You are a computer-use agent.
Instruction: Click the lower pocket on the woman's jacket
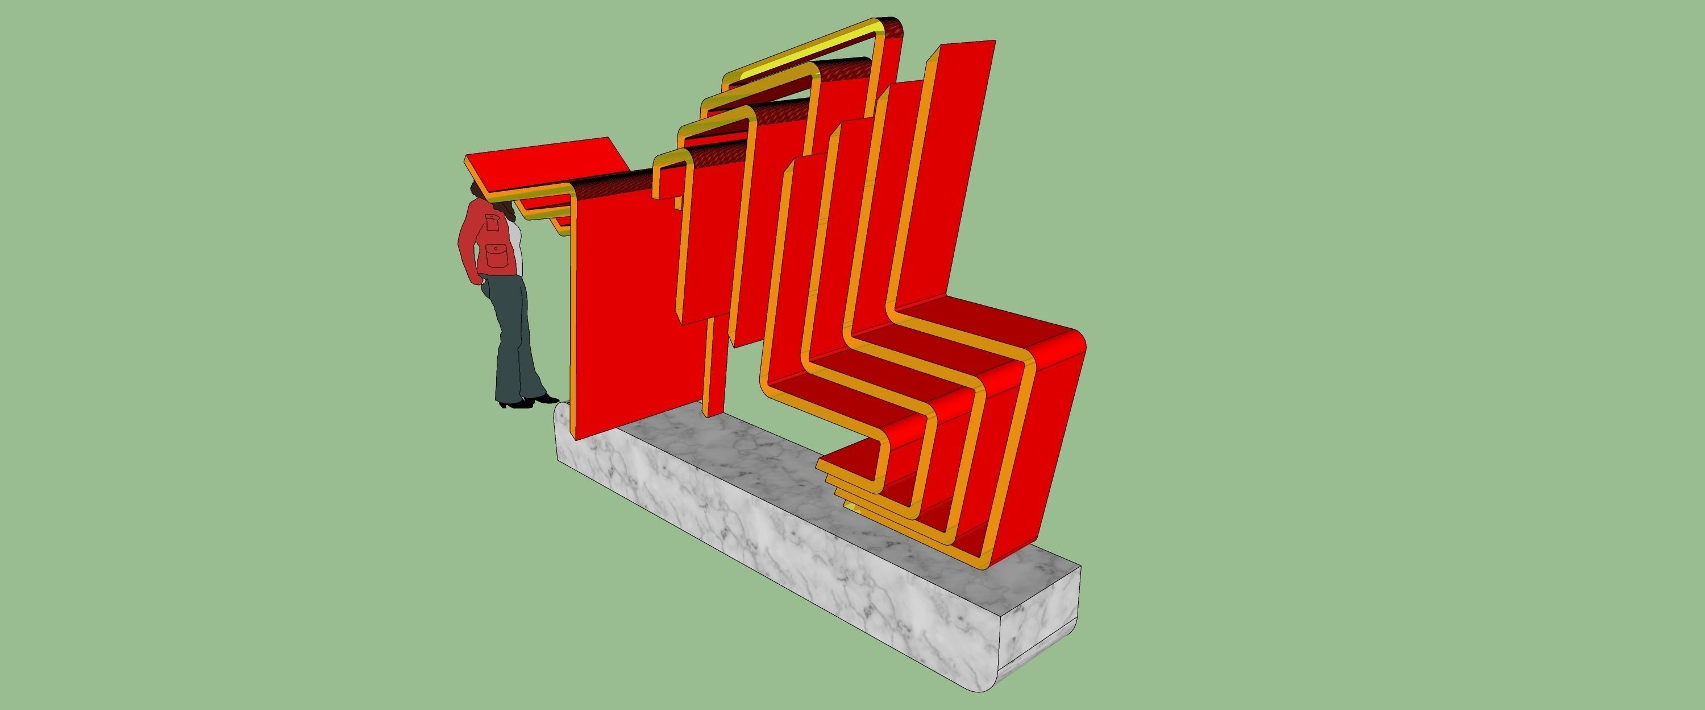496,255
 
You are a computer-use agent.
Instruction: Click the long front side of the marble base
761,530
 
